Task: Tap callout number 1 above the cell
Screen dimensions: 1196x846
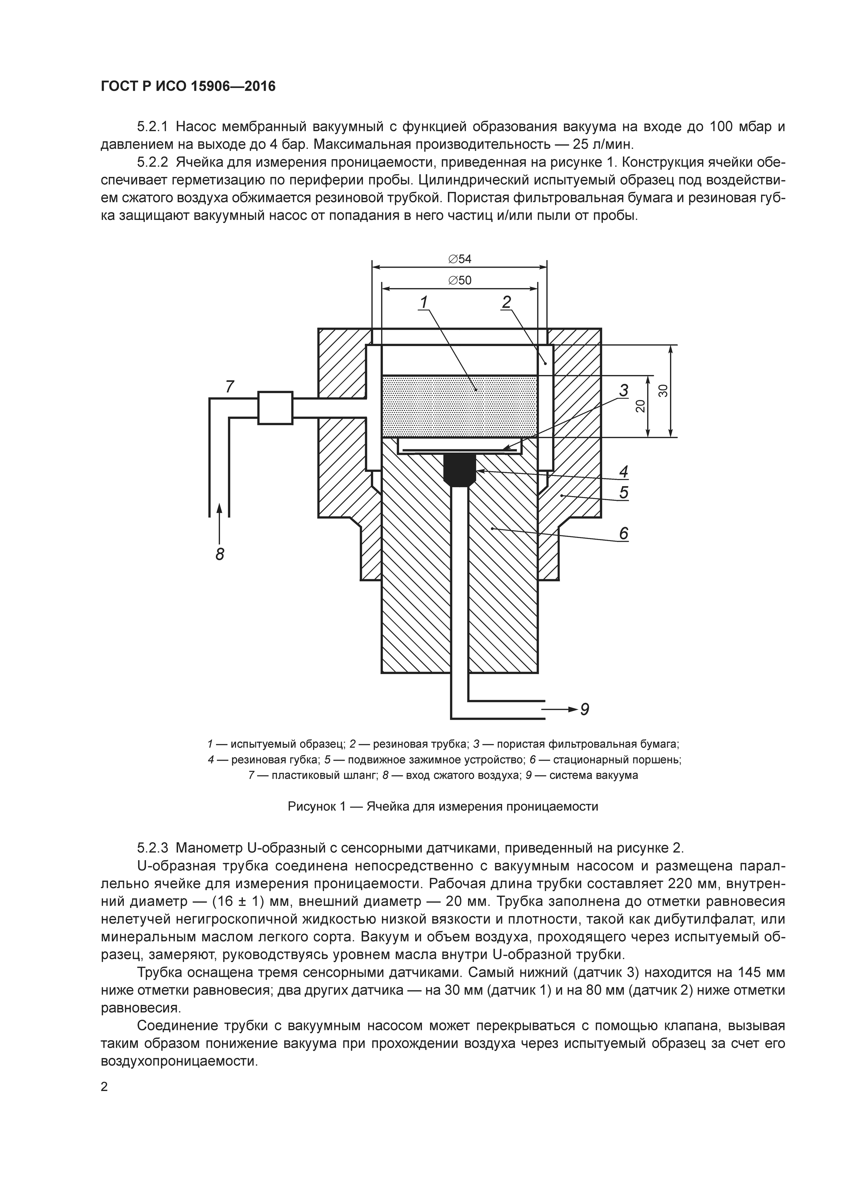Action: (424, 302)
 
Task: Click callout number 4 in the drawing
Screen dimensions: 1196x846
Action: (624, 471)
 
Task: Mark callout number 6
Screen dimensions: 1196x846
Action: (624, 534)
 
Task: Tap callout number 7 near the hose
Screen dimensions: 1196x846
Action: (229, 387)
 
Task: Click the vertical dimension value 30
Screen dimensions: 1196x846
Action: (662, 391)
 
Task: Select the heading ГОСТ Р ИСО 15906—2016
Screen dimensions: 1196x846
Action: (188, 86)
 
